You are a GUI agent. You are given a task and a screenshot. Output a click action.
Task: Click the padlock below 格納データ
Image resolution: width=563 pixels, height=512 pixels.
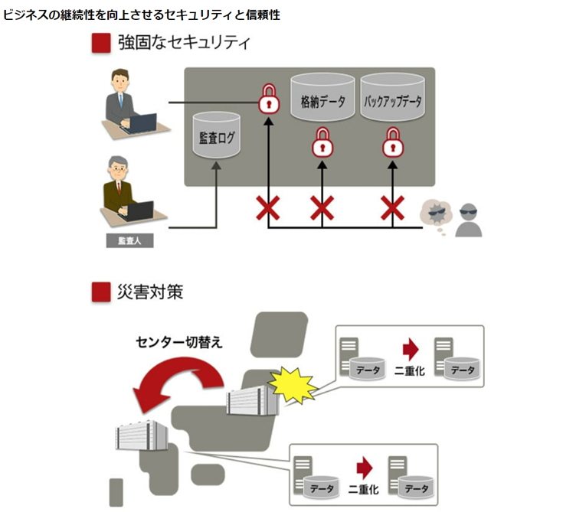[321, 142]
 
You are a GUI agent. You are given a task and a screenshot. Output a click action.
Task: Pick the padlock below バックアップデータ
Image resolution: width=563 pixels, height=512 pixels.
[393, 142]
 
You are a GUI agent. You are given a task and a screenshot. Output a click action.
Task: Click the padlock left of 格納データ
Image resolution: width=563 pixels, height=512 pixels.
[267, 99]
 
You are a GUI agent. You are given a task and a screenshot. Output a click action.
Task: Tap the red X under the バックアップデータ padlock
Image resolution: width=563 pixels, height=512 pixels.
[393, 207]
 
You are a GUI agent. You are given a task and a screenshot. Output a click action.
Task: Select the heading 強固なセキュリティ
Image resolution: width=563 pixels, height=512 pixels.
[184, 43]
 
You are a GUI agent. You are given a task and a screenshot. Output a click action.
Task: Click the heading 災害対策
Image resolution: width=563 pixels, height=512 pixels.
[150, 292]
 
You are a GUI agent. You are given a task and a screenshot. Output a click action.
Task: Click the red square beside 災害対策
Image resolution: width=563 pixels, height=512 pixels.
[101, 292]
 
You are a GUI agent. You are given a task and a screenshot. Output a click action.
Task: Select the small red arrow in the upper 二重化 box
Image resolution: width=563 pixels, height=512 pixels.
[411, 350]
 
